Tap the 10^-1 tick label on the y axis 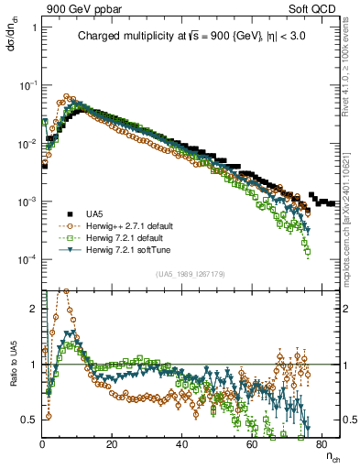(28, 85)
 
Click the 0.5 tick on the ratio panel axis (30, 420)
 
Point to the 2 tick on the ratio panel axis (34, 308)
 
